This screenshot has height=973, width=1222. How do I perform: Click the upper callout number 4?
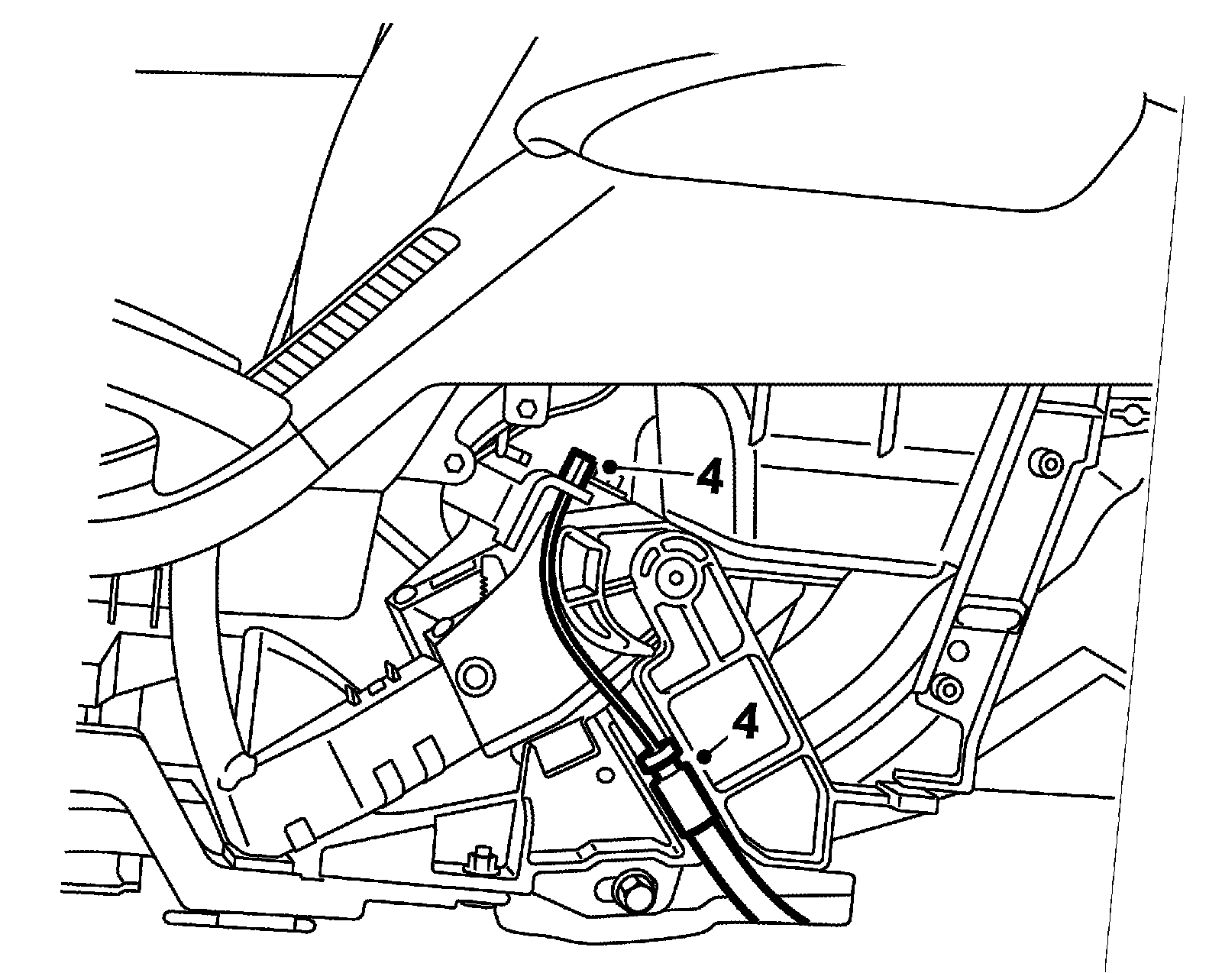tap(709, 479)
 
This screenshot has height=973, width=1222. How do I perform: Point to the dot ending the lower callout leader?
tap(704, 757)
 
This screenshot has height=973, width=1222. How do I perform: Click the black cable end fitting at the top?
tap(578, 467)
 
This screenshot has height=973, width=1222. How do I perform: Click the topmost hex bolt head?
tap(525, 406)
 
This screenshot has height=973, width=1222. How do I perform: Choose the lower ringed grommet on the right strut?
tap(949, 690)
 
